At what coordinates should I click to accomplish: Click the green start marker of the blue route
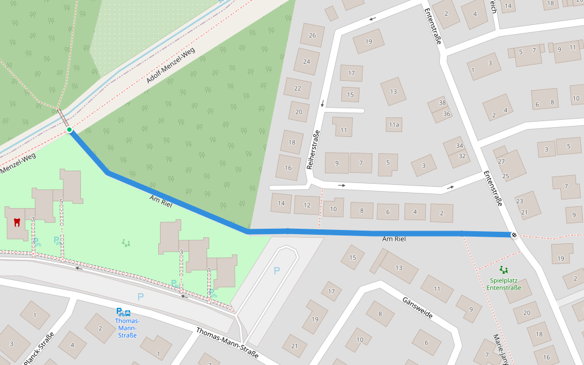pos(69,130)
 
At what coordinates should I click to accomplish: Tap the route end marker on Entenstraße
pos(514,235)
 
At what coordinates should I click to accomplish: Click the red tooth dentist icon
pos(17,222)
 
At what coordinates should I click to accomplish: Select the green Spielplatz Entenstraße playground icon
pos(503,269)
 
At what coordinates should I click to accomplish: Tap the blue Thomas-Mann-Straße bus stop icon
pos(123,312)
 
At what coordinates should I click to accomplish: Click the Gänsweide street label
pos(417,308)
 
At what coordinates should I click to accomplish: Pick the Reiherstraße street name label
pos(315,150)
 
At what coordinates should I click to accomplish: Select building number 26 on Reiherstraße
pos(313,35)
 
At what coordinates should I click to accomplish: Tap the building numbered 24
pos(307,61)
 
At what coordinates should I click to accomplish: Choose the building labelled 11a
pos(394,125)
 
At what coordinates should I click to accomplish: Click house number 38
pos(442,103)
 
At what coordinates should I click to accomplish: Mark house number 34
pos(459,146)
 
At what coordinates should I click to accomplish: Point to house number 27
pos(501,161)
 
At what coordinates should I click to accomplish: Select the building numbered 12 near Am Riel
pos(307,205)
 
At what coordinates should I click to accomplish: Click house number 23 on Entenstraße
pos(520,201)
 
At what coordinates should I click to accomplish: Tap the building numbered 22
pos(297,88)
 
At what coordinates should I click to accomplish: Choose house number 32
pos(462,156)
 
